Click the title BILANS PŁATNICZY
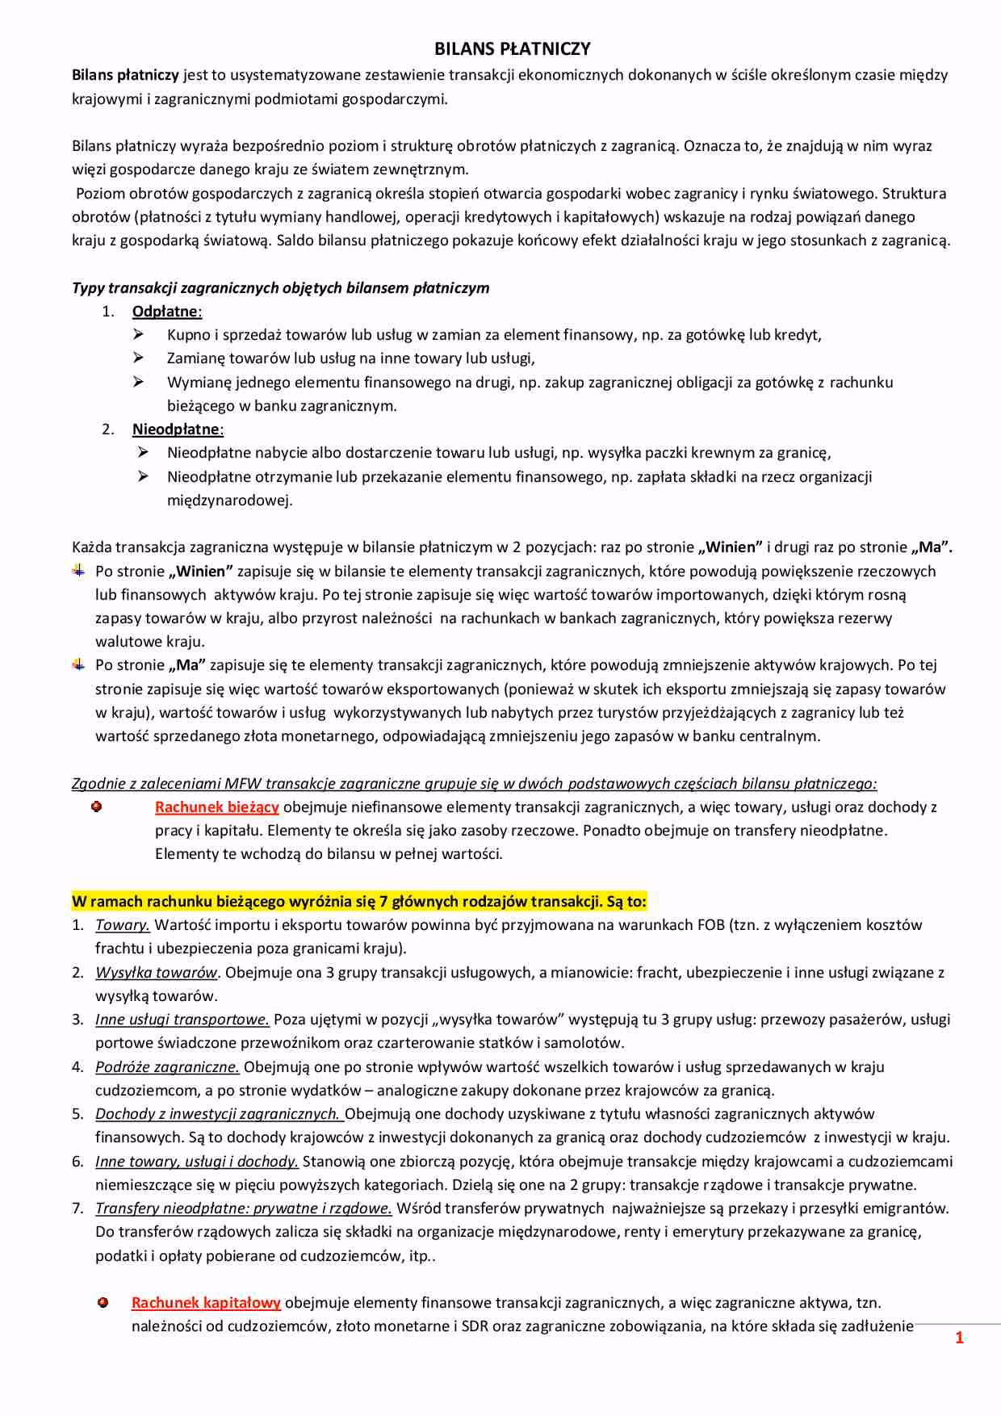pos(512,49)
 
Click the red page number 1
pos(959,1338)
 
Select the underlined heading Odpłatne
pos(165,312)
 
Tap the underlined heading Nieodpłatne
pos(176,429)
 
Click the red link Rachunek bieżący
pos(217,806)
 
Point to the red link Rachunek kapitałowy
pos(206,1302)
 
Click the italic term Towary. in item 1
pos(123,925)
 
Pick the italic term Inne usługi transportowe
pos(182,1020)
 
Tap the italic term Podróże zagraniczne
pos(167,1067)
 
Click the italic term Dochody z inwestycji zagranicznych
pos(219,1114)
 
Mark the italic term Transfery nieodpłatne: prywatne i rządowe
pos(244,1209)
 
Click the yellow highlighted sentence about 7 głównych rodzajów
pos(359,901)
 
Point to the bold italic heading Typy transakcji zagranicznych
pos(280,288)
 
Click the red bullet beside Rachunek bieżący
pos(97,806)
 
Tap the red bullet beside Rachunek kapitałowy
pos(103,1302)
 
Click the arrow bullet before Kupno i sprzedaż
pos(139,334)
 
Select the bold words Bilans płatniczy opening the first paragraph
pos(125,75)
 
